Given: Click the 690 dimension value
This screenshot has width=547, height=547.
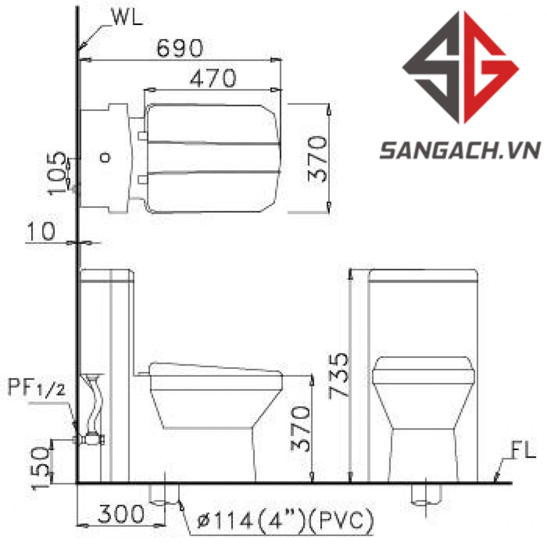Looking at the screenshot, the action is click(179, 48).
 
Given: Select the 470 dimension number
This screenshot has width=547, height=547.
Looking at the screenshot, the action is click(213, 78).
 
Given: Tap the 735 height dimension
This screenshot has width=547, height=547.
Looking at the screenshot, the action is click(338, 375).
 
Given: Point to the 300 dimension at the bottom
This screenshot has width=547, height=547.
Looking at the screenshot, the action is click(121, 513).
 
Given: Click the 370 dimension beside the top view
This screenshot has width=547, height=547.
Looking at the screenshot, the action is click(317, 159).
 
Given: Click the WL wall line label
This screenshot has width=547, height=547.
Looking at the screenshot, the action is click(127, 17).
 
